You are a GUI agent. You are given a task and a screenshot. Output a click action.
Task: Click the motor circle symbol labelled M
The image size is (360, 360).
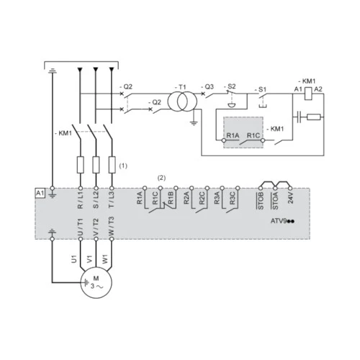point(96,282)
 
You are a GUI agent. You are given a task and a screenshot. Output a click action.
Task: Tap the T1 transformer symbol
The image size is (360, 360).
point(182,101)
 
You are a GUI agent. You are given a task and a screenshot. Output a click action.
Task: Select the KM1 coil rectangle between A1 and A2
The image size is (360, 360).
point(308,94)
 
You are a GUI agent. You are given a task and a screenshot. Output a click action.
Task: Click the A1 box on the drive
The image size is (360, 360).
point(40,193)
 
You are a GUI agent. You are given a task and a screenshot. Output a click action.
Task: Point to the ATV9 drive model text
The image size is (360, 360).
point(282,221)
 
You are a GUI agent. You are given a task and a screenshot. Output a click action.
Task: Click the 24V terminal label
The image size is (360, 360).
point(290,198)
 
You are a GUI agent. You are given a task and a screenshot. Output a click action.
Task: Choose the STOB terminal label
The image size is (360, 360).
point(261,201)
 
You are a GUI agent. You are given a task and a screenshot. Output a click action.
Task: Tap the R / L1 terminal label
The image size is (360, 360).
point(81,200)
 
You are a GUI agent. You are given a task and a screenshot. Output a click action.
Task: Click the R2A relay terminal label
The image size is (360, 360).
point(186,198)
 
